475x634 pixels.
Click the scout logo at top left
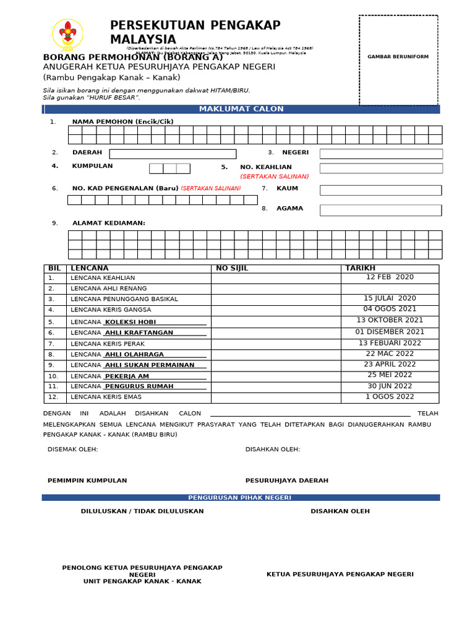pyautogui.click(x=67, y=35)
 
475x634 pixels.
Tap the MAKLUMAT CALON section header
pyautogui.click(x=241, y=109)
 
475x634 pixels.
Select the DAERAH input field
pyautogui.click(x=173, y=154)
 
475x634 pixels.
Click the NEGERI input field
pyautogui.click(x=381, y=154)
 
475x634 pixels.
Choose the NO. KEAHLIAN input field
pyautogui.click(x=381, y=168)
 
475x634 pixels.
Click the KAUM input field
pyautogui.click(x=380, y=190)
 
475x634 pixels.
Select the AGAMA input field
pyautogui.click(x=380, y=210)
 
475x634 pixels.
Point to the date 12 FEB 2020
pyautogui.click(x=390, y=277)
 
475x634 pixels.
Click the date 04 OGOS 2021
pyautogui.click(x=390, y=309)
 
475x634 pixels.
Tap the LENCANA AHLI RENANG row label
pyautogui.click(x=109, y=289)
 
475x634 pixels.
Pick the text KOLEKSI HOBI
pyautogui.click(x=131, y=322)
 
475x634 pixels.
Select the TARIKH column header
pyautogui.click(x=360, y=268)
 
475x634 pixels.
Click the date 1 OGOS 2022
pyautogui.click(x=390, y=397)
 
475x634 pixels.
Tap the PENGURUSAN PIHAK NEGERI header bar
pyautogui.click(x=240, y=498)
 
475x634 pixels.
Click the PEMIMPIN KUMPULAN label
pyautogui.click(x=87, y=480)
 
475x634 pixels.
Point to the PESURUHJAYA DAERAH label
pyautogui.click(x=287, y=480)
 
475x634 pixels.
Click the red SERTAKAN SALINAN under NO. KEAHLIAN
pyautogui.click(x=275, y=176)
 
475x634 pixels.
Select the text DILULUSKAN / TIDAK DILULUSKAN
pyautogui.click(x=142, y=511)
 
